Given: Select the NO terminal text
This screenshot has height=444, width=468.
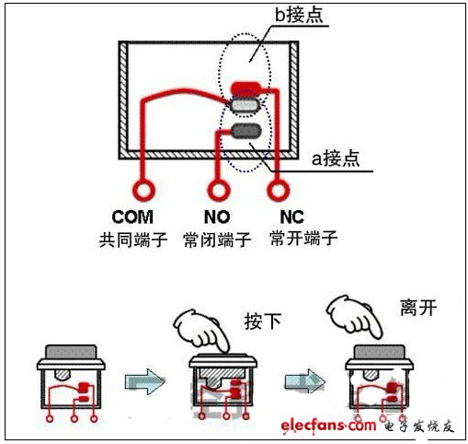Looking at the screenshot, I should click(216, 219).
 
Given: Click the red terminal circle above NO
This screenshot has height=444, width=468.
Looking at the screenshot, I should click(217, 192).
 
